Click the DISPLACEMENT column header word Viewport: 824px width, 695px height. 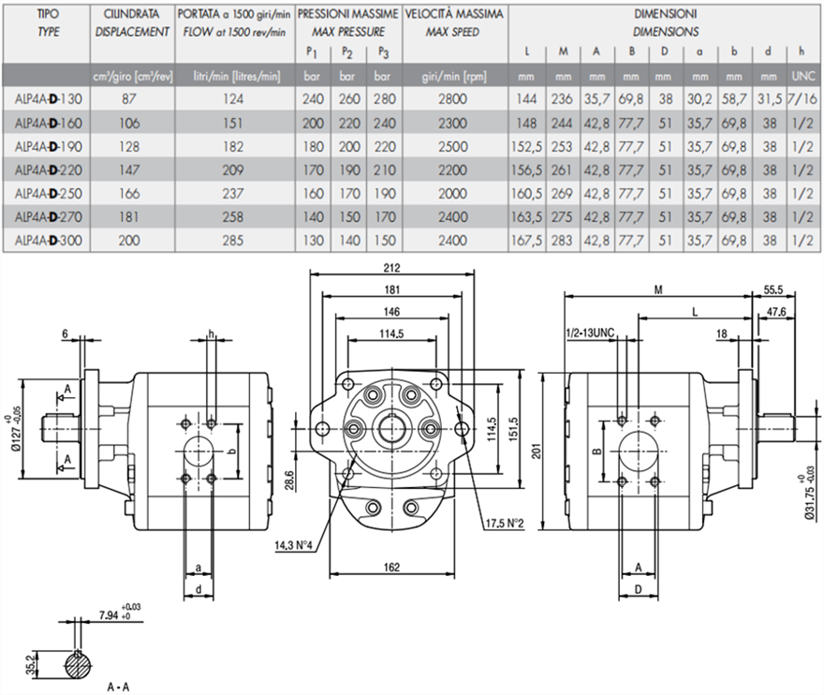132,32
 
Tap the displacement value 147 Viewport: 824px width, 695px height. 131,170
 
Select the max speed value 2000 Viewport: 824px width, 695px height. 451,193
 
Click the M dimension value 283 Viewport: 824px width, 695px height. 563,241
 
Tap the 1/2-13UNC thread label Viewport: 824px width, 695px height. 589,333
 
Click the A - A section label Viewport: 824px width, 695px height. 119,687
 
